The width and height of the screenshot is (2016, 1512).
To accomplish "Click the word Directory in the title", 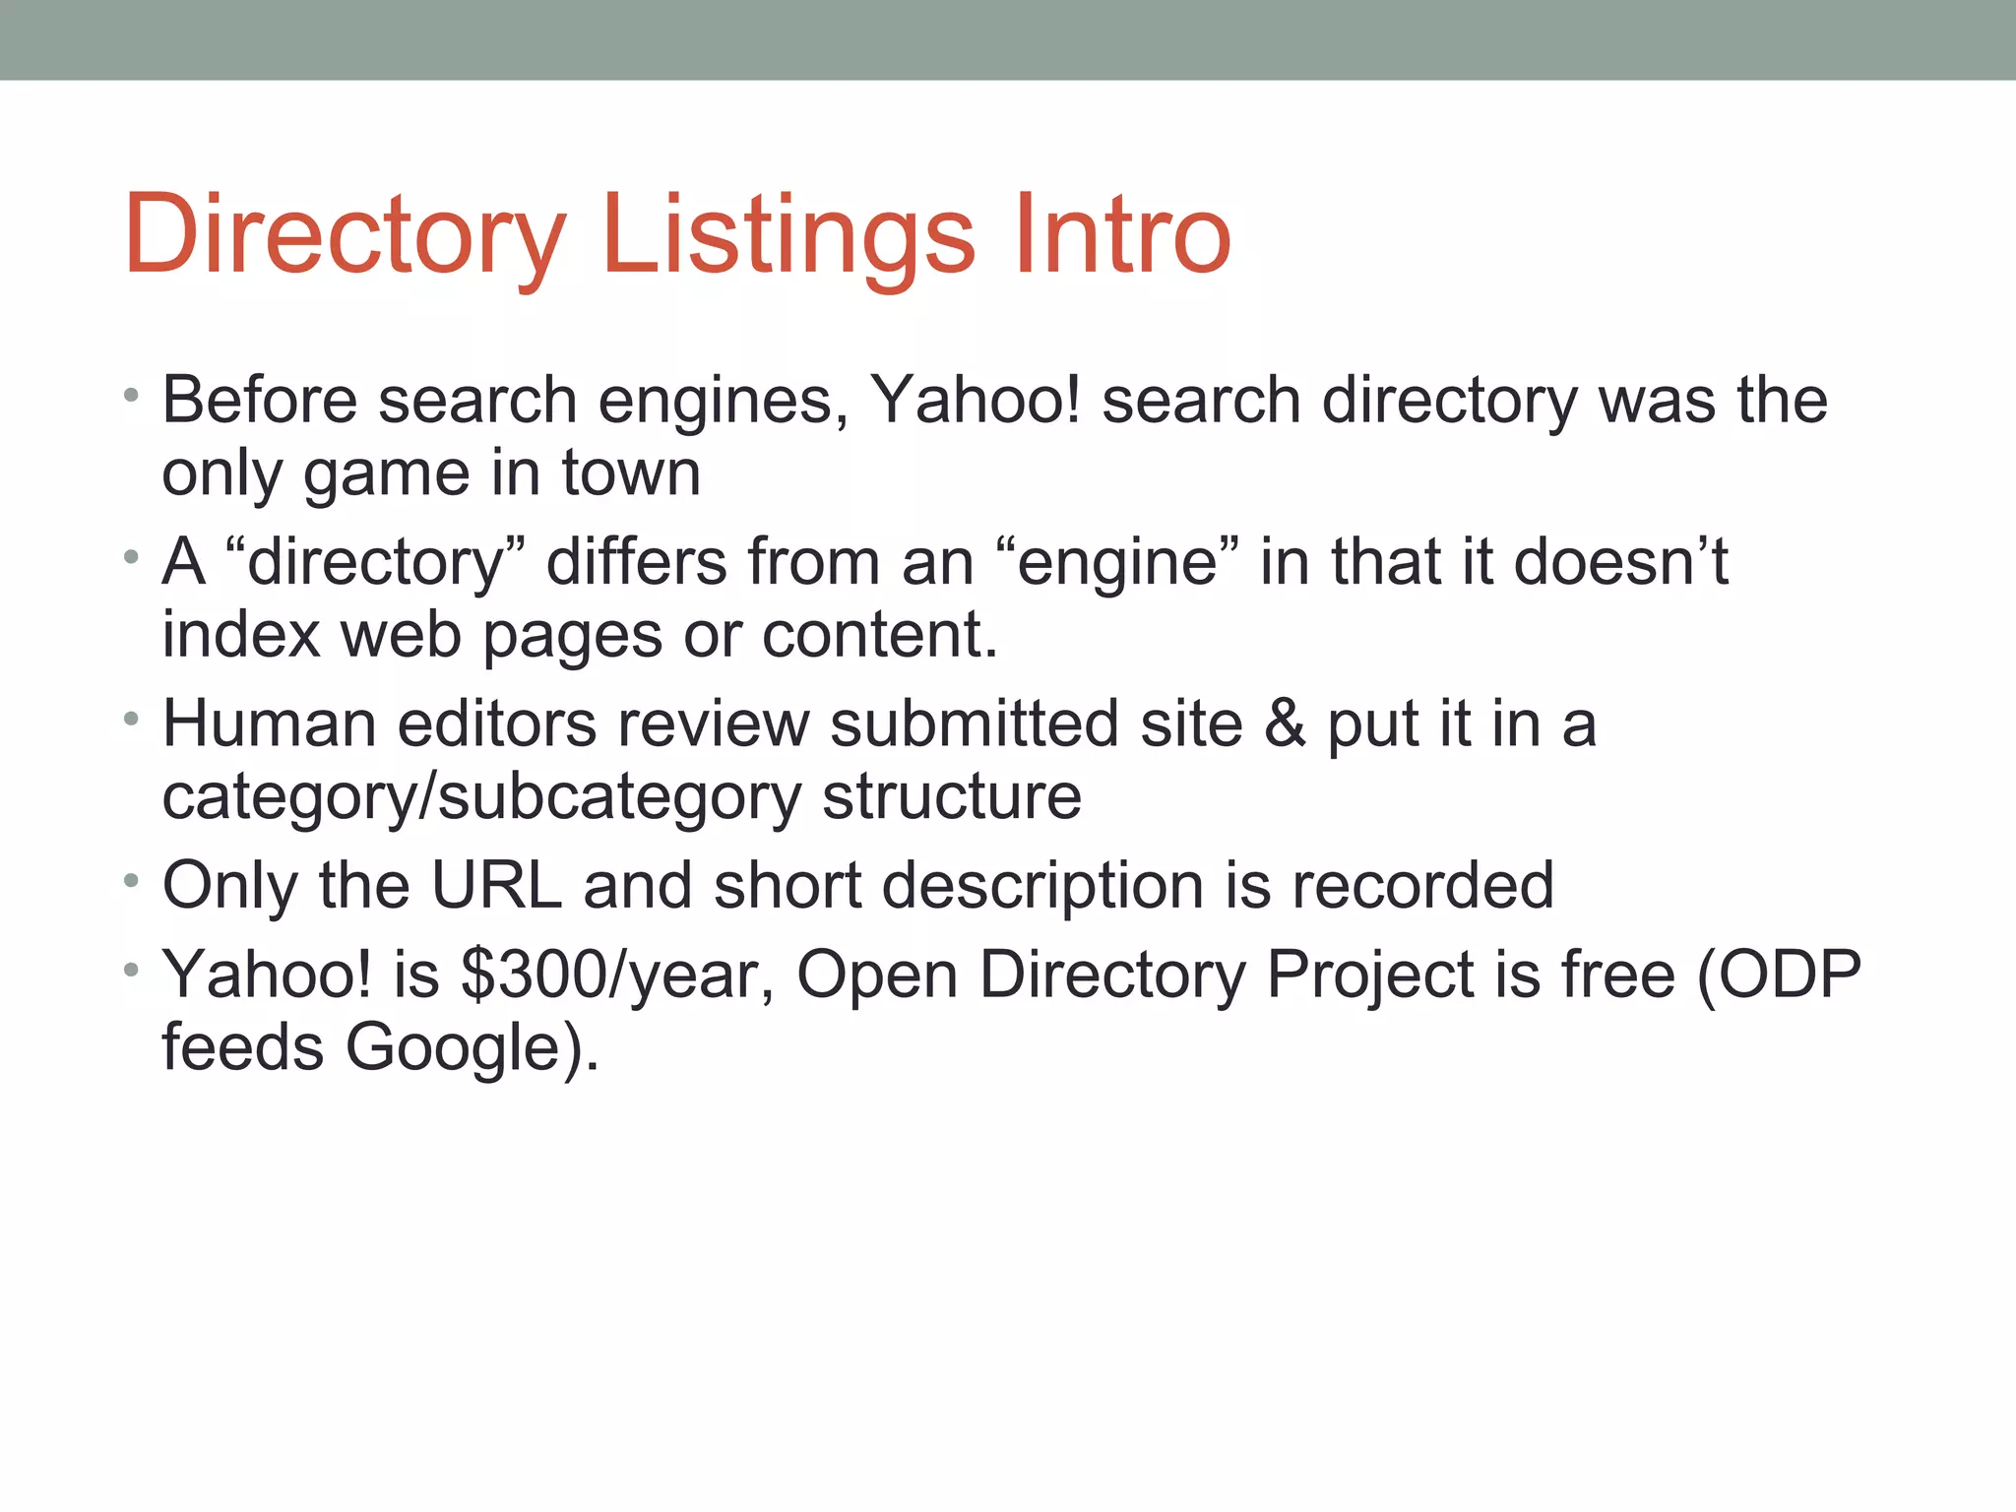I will click(345, 236).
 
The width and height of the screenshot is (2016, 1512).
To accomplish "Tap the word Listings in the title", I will click(787, 236).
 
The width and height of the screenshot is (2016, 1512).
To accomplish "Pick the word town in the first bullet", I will click(631, 473).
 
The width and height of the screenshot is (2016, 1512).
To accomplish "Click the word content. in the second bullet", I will click(880, 635).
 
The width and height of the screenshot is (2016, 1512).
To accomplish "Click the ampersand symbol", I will click(1285, 724).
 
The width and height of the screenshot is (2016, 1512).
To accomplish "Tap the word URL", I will click(496, 885).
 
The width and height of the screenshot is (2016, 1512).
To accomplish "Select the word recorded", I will click(1422, 885).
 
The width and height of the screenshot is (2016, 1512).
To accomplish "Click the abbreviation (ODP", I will click(1778, 976).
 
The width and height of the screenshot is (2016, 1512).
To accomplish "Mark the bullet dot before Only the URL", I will click(131, 880).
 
